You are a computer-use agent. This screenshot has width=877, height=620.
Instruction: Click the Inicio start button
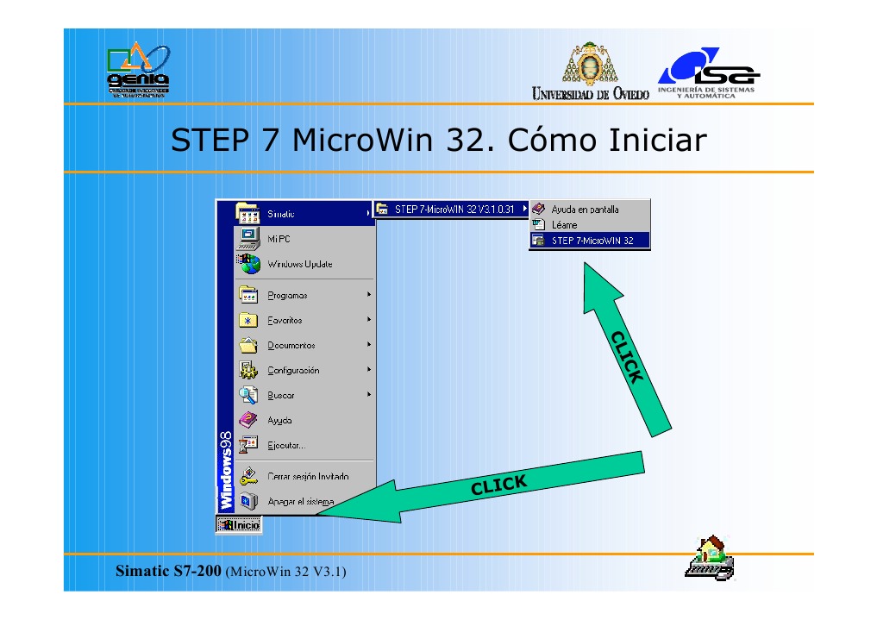click(x=238, y=523)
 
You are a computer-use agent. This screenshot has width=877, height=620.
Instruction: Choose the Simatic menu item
click(x=280, y=214)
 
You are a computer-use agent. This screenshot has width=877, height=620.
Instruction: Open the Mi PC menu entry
click(x=279, y=239)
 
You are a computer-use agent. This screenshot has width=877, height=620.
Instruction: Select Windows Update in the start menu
click(x=298, y=264)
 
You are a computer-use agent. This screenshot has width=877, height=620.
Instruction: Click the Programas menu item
click(x=287, y=295)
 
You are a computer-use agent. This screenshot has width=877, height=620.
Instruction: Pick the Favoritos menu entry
click(x=285, y=320)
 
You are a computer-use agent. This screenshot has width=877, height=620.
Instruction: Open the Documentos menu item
click(x=291, y=345)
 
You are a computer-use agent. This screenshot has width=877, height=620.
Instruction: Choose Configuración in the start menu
click(x=293, y=370)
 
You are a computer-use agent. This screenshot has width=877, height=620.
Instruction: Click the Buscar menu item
click(x=280, y=395)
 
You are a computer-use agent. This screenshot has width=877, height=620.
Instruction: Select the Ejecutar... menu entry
click(x=285, y=445)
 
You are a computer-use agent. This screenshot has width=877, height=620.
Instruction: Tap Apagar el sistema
click(x=300, y=501)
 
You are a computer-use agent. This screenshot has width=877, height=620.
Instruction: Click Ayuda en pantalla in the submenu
click(x=585, y=210)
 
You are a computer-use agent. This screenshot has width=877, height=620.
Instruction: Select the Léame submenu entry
click(x=564, y=225)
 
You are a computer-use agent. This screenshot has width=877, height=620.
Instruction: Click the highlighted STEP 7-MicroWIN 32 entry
click(x=592, y=241)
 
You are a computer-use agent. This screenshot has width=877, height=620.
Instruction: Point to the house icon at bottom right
click(x=709, y=556)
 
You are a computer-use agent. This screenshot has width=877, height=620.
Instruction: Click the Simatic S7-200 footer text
click(x=169, y=571)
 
